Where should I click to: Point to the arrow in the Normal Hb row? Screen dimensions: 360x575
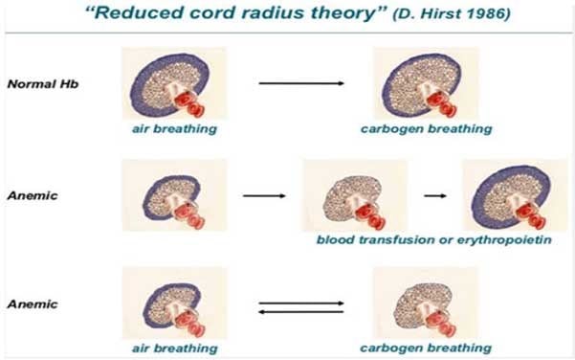click(301, 83)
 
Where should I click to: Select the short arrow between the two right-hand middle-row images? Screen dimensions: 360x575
click(435, 195)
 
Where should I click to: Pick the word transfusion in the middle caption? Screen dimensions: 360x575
click(393, 237)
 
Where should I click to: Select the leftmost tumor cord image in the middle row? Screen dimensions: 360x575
click(174, 197)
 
